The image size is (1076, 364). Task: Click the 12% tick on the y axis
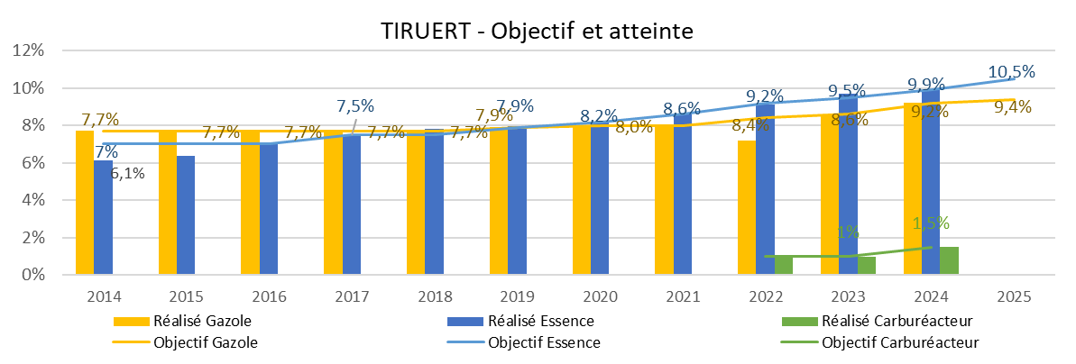click(x=29, y=50)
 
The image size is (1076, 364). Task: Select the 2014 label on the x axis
click(x=104, y=296)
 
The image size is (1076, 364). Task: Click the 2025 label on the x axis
click(x=1014, y=296)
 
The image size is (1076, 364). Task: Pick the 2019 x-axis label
click(x=517, y=296)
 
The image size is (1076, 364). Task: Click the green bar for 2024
click(x=949, y=260)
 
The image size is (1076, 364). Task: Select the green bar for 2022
click(x=784, y=265)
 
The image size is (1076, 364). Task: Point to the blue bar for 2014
click(x=103, y=217)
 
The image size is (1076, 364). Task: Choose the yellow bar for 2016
click(x=250, y=203)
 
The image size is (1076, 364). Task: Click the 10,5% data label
click(x=1011, y=72)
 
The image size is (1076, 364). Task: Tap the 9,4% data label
click(x=1012, y=108)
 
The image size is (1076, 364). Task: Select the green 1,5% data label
click(x=931, y=223)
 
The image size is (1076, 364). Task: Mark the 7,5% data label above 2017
click(x=355, y=106)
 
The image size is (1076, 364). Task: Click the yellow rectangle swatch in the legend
click(x=132, y=322)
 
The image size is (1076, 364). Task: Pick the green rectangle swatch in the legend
click(x=800, y=322)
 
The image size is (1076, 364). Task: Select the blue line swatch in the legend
click(x=465, y=342)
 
